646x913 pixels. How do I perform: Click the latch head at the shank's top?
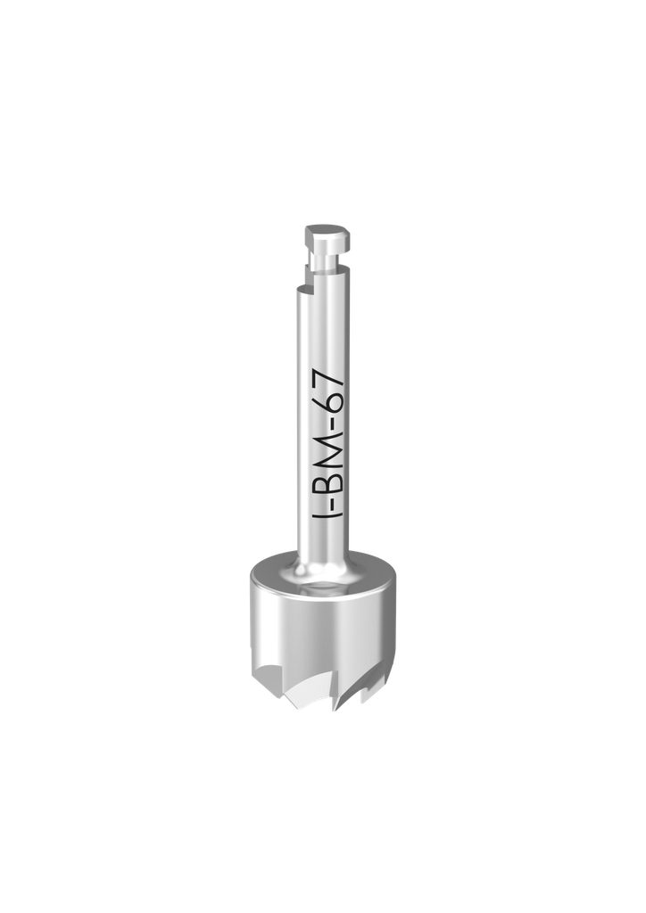pos(326,238)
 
